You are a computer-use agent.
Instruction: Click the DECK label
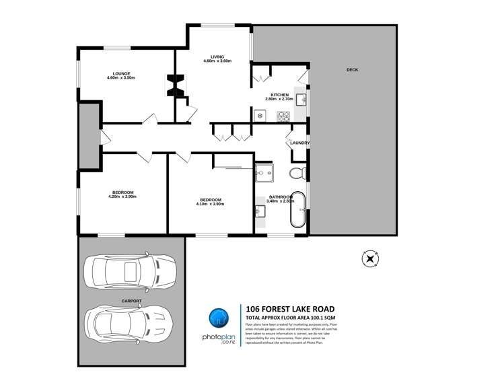352,70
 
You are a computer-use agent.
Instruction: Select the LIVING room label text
217,57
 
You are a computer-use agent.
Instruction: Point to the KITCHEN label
280,95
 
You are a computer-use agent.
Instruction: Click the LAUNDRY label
299,143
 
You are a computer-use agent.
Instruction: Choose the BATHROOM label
281,197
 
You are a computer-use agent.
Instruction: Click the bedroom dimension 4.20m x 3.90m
122,197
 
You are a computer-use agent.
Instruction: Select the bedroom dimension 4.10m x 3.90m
211,204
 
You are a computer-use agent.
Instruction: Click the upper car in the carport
129,271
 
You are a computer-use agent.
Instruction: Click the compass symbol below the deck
371,258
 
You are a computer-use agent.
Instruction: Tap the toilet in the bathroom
297,174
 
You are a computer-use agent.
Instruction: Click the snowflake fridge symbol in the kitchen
259,116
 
